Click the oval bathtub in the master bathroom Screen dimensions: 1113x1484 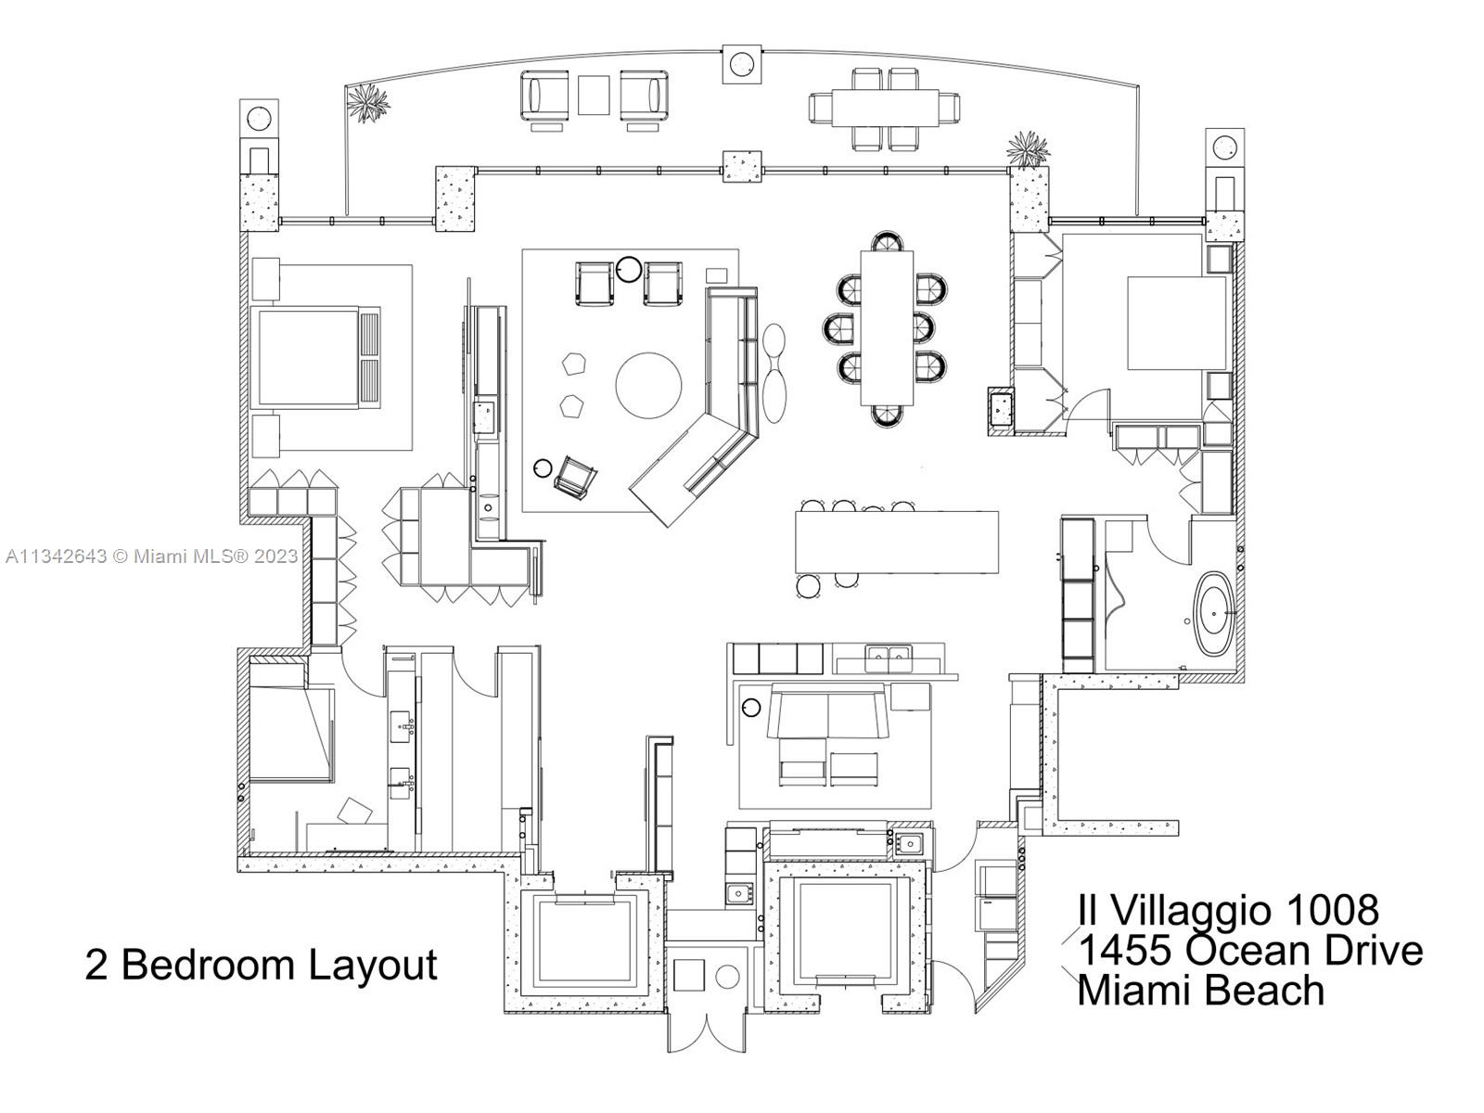click(1214, 615)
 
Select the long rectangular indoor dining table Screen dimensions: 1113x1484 click(887, 328)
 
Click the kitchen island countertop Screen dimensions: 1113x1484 click(897, 542)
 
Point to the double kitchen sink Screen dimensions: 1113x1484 click(888, 659)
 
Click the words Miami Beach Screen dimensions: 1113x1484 click(1201, 990)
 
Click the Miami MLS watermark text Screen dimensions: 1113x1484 click(151, 556)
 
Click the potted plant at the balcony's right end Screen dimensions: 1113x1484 click(1028, 148)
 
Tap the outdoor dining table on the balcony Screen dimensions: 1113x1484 click(884, 109)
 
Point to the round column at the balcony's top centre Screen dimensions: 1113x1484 click(741, 64)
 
